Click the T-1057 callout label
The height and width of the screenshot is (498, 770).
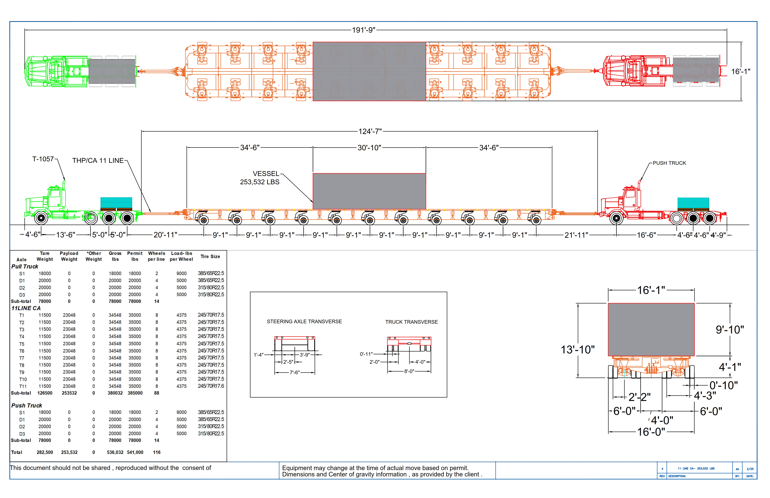[43, 159]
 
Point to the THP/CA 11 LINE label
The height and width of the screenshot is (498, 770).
[98, 161]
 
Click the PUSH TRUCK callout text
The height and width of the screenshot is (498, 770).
[669, 163]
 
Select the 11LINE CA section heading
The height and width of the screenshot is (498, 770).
[26, 308]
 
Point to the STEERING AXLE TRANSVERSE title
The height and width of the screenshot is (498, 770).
[304, 321]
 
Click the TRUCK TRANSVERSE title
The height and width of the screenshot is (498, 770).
[411, 322]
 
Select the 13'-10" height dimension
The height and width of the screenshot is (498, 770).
[577, 350]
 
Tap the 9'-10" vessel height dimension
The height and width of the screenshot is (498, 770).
[730, 330]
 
